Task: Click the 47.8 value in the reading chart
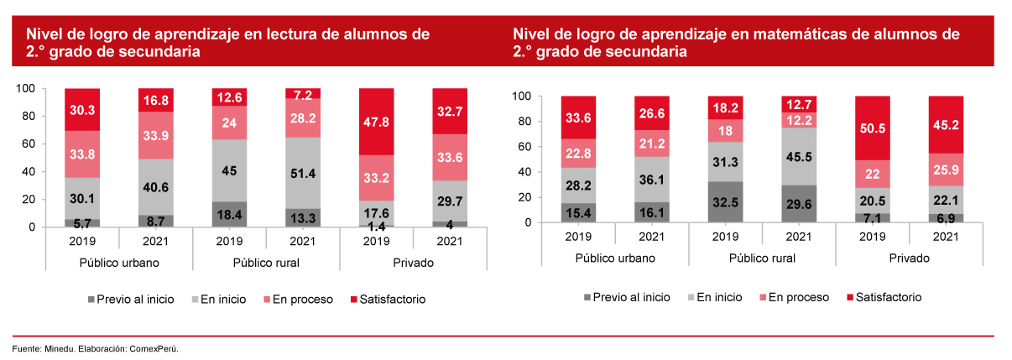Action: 376,122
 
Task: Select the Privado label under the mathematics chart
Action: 908,258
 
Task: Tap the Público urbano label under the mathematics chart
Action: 614,258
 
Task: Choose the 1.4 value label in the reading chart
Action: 376,226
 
